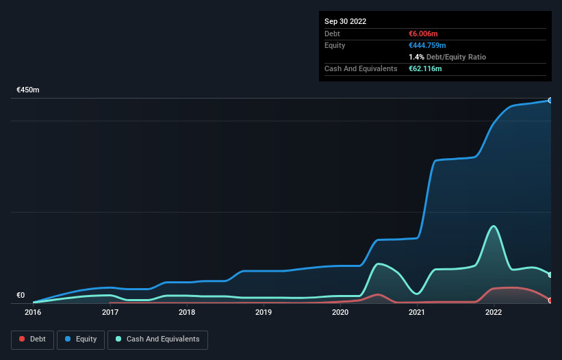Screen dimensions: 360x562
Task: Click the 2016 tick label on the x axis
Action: (x=33, y=312)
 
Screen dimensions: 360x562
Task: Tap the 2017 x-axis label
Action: (x=110, y=312)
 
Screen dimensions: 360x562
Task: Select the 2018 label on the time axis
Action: (x=187, y=312)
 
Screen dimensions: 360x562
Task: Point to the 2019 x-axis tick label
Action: (x=264, y=312)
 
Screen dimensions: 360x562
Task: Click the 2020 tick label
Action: (x=340, y=312)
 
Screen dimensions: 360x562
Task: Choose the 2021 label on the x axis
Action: (x=417, y=312)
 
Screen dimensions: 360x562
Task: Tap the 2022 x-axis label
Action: (x=494, y=312)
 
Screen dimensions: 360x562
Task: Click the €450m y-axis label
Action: (x=28, y=90)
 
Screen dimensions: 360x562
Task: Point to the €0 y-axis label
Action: (x=21, y=295)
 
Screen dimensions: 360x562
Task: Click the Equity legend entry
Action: (x=81, y=339)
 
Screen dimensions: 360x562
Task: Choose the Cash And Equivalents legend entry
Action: (x=157, y=339)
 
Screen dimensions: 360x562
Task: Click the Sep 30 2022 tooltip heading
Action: (x=345, y=21)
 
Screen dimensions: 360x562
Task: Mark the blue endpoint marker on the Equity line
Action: (x=550, y=101)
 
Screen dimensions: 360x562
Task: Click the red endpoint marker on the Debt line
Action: (x=550, y=300)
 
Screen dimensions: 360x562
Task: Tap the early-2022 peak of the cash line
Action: (x=493, y=226)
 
